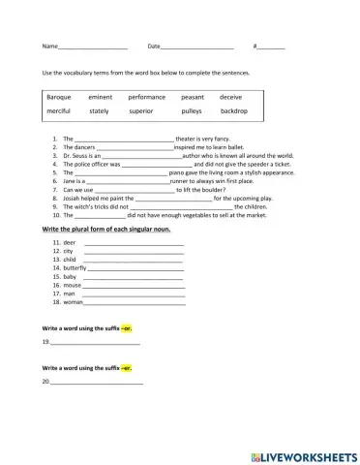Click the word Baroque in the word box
click(x=59, y=97)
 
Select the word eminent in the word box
click(x=101, y=97)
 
